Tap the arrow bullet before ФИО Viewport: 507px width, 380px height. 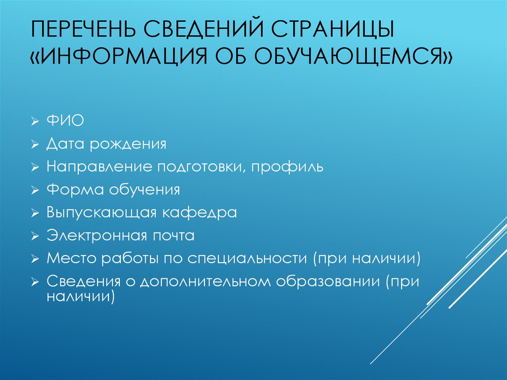34,122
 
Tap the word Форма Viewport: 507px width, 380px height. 70,190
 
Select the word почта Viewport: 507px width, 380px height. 174,235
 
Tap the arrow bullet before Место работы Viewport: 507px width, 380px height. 34,259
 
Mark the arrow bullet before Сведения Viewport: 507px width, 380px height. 34,282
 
